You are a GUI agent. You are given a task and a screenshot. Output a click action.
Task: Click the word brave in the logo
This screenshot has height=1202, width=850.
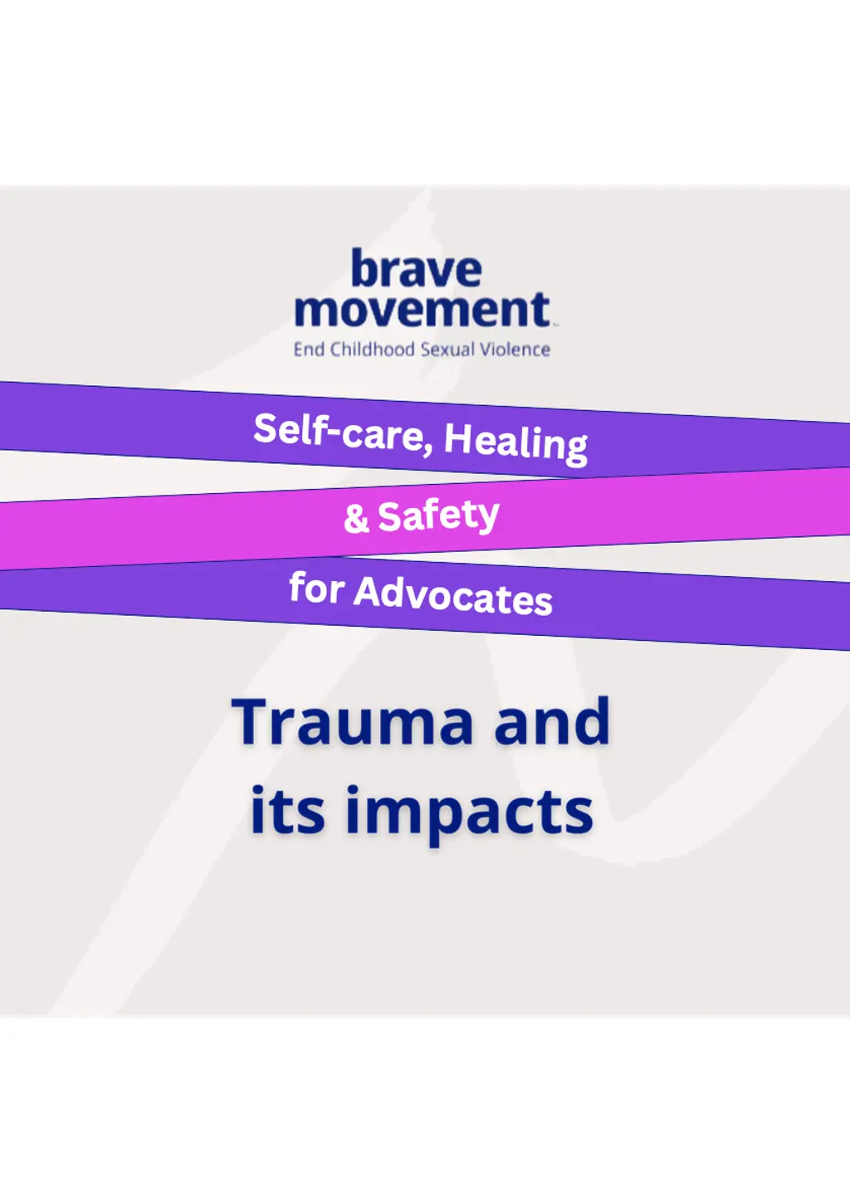(417, 267)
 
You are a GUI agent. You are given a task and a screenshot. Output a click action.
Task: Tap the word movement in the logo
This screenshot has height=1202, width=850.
(423, 310)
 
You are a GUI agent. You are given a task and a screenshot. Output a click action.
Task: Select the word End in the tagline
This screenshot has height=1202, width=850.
(309, 349)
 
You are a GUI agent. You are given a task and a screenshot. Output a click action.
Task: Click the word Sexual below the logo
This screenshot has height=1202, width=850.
(447, 349)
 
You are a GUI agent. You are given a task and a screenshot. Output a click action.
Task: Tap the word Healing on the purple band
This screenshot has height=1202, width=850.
(515, 445)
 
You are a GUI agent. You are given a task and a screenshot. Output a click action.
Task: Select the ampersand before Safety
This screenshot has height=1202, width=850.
(356, 518)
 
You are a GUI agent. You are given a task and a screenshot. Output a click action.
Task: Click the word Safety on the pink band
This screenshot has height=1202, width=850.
(438, 515)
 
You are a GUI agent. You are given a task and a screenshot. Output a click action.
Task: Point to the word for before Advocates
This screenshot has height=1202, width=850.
(316, 588)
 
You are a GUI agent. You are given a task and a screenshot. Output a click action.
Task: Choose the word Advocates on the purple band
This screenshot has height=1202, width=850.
(452, 596)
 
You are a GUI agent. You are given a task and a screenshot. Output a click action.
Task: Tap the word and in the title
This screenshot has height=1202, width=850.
(552, 721)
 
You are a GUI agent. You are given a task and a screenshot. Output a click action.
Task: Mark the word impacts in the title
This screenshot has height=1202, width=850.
(469, 814)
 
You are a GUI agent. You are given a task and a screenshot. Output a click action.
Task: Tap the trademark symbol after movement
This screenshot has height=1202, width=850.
(554, 323)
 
